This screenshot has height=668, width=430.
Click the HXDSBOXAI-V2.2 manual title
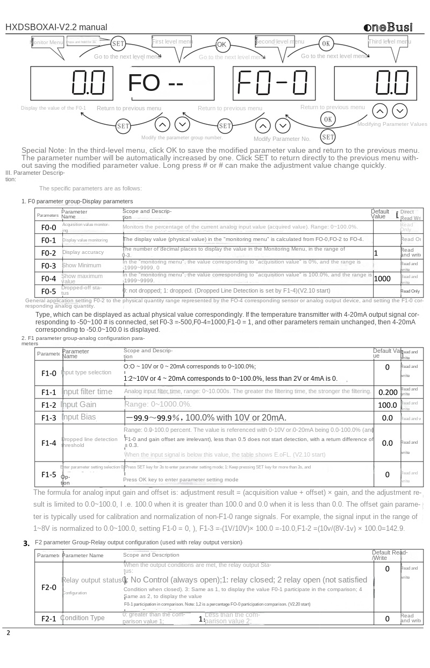point(56,27)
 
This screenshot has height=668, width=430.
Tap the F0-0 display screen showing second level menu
point(274,84)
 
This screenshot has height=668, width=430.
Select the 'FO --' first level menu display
point(155,83)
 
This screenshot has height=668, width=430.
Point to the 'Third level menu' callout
point(390,41)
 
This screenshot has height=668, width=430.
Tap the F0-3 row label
point(48,266)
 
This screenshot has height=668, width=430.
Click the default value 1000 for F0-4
point(382,279)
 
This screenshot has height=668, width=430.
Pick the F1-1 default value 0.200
point(388,392)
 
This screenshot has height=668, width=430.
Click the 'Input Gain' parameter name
point(78,404)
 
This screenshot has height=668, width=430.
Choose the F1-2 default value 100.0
point(387,405)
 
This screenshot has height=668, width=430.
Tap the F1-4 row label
point(48,443)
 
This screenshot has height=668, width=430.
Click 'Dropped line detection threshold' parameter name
point(89,442)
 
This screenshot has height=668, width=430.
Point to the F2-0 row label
point(48,587)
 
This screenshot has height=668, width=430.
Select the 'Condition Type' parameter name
point(82,618)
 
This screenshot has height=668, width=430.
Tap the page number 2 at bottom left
point(8,633)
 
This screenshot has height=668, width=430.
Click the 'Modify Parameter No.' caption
point(282,139)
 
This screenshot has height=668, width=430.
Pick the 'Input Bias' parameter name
point(78,417)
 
